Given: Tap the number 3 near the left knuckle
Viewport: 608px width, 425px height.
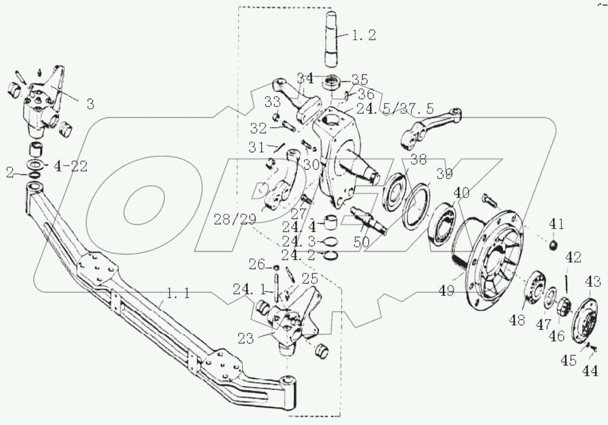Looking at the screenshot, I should [x=90, y=104].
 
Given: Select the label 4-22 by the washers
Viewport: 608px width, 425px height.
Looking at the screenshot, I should [x=71, y=167].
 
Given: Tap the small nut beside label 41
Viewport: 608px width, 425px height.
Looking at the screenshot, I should [x=553, y=244].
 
